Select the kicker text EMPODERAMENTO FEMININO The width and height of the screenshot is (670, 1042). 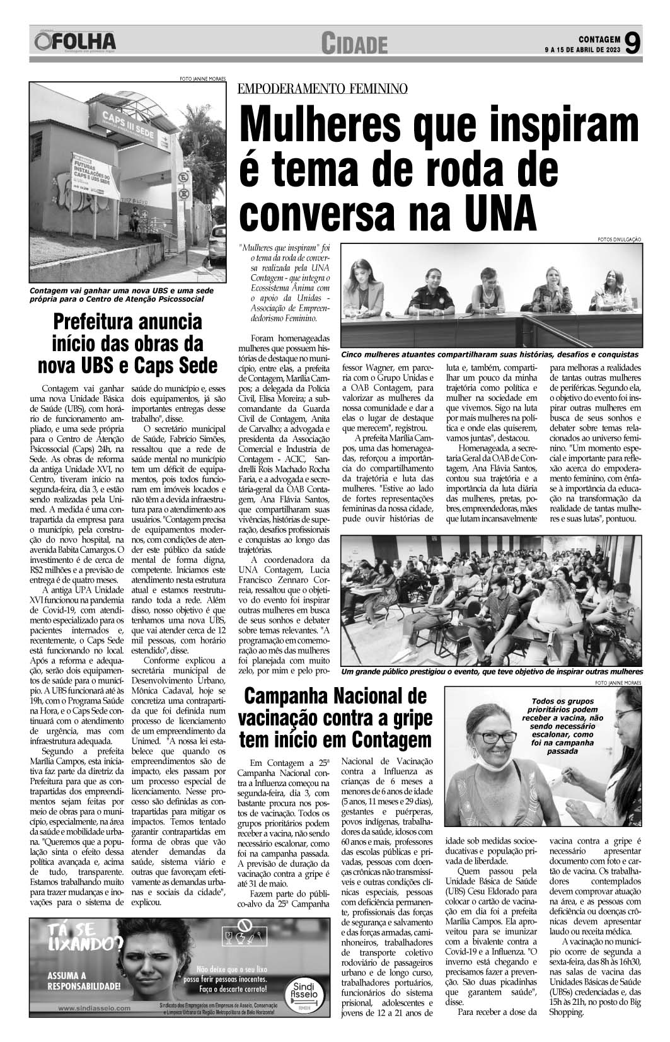coord(322,88)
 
